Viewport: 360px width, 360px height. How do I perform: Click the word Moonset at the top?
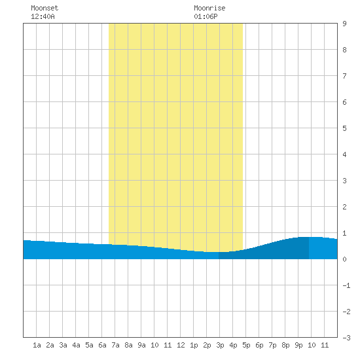[x=45, y=8]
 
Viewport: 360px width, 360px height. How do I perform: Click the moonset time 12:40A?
[x=43, y=16]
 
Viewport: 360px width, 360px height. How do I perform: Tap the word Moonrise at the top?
[x=209, y=8]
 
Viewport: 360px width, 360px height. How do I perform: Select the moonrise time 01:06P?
[x=206, y=16]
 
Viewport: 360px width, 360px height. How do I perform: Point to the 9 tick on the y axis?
[x=344, y=24]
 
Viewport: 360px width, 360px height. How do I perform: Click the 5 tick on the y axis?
[x=344, y=128]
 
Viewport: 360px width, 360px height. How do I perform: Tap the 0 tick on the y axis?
[x=344, y=259]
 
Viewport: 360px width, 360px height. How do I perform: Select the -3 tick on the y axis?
[x=346, y=338]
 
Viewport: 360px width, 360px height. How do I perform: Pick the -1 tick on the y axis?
[x=346, y=285]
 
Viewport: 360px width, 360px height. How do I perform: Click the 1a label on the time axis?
[x=37, y=345]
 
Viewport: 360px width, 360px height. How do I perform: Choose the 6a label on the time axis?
[x=102, y=345]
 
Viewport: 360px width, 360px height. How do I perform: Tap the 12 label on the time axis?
[x=181, y=345]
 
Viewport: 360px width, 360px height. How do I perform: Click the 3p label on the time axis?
[x=220, y=345]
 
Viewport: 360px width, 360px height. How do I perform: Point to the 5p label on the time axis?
[x=246, y=345]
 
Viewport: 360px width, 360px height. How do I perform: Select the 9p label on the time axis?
[x=298, y=345]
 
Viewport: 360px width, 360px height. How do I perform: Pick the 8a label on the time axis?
[x=128, y=345]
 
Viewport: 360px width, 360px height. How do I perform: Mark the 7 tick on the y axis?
[x=344, y=76]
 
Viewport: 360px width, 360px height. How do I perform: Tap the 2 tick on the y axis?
[x=344, y=207]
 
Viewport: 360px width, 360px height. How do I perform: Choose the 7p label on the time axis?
[x=272, y=345]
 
